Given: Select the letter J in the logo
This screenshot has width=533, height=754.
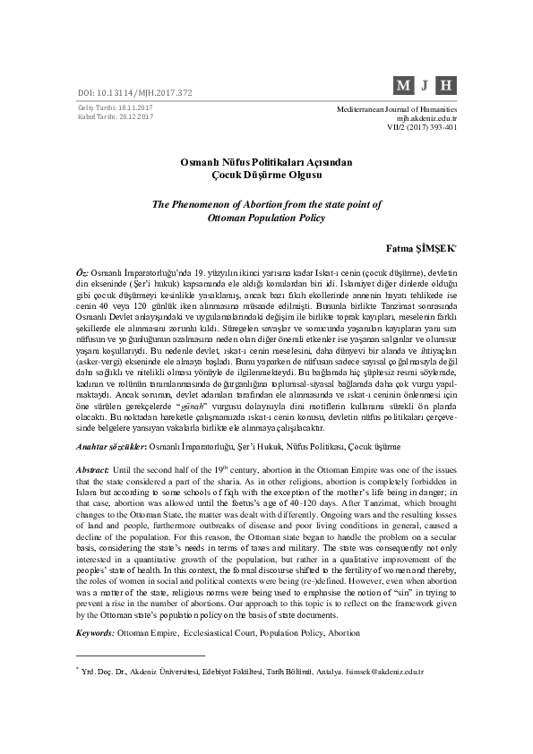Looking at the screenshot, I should click(426, 87).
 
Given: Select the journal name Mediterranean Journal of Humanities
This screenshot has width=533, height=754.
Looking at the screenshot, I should click(396, 108).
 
